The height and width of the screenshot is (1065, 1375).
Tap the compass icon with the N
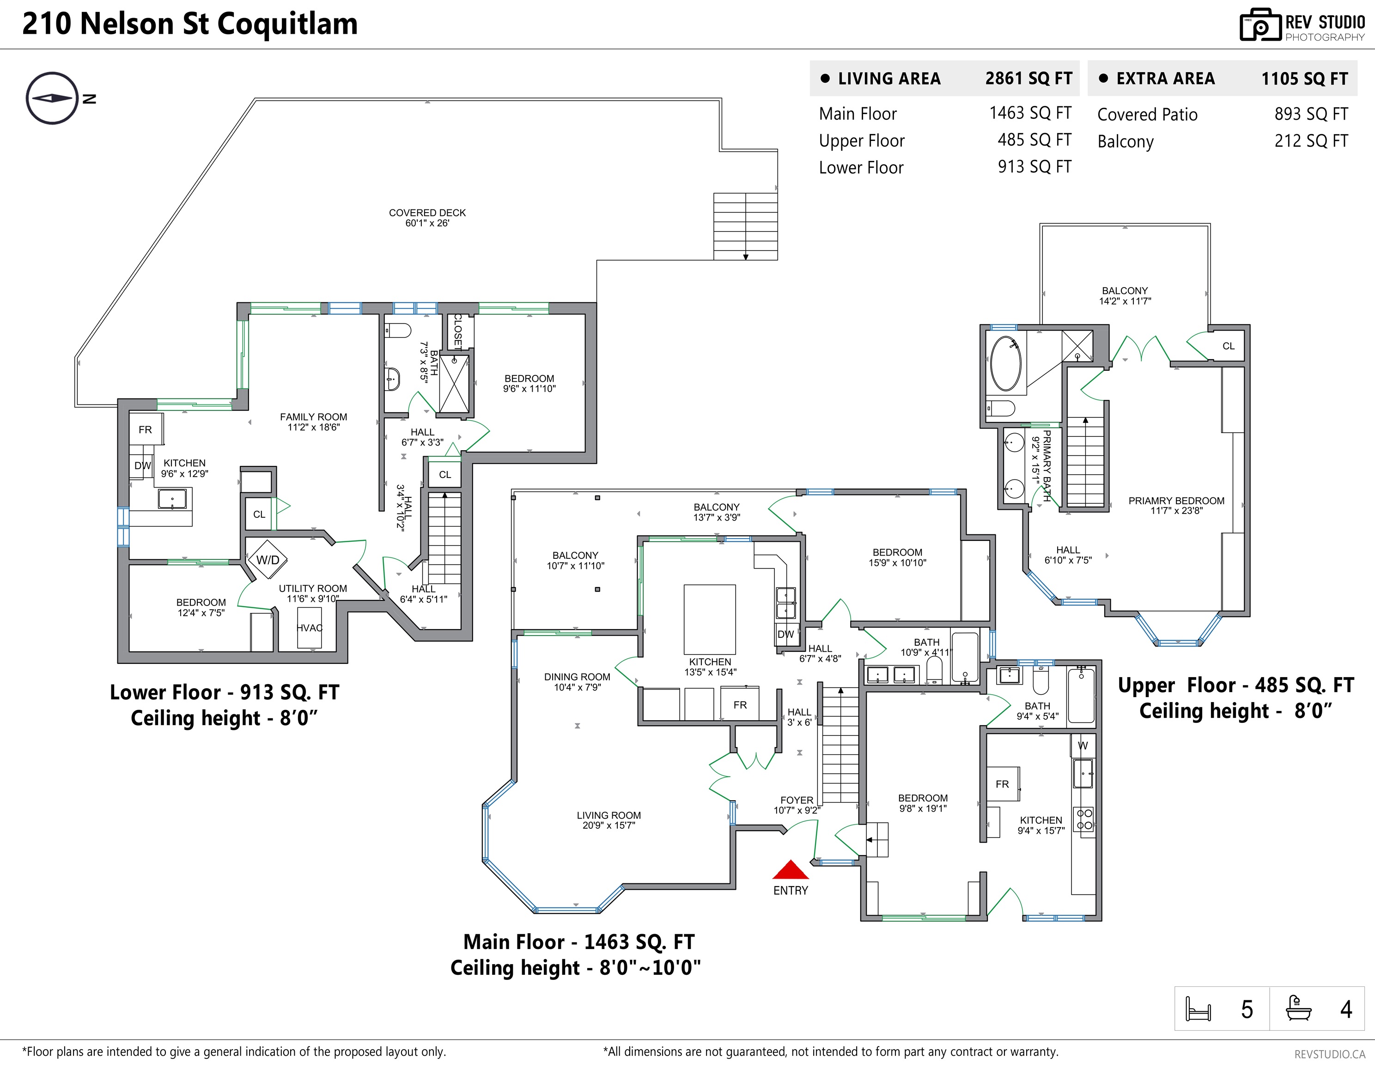[x=52, y=98]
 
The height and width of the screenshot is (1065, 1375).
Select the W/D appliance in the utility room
[x=268, y=559]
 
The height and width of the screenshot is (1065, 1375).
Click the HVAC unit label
[x=309, y=628]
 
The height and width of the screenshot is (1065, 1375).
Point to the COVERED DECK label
[x=427, y=218]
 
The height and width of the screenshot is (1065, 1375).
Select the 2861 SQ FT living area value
[x=1028, y=79]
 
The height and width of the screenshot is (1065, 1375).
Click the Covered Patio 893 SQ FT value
[x=1311, y=114]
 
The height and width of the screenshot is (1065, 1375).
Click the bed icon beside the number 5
[x=1198, y=1009]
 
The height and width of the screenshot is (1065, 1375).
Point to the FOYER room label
[x=797, y=805]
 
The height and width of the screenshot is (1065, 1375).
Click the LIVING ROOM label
[x=608, y=820]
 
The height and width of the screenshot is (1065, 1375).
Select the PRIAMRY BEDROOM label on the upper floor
[x=1176, y=506]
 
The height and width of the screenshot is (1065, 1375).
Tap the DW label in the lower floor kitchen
[x=142, y=466]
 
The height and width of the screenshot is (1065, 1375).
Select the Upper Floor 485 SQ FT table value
[x=1034, y=140]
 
